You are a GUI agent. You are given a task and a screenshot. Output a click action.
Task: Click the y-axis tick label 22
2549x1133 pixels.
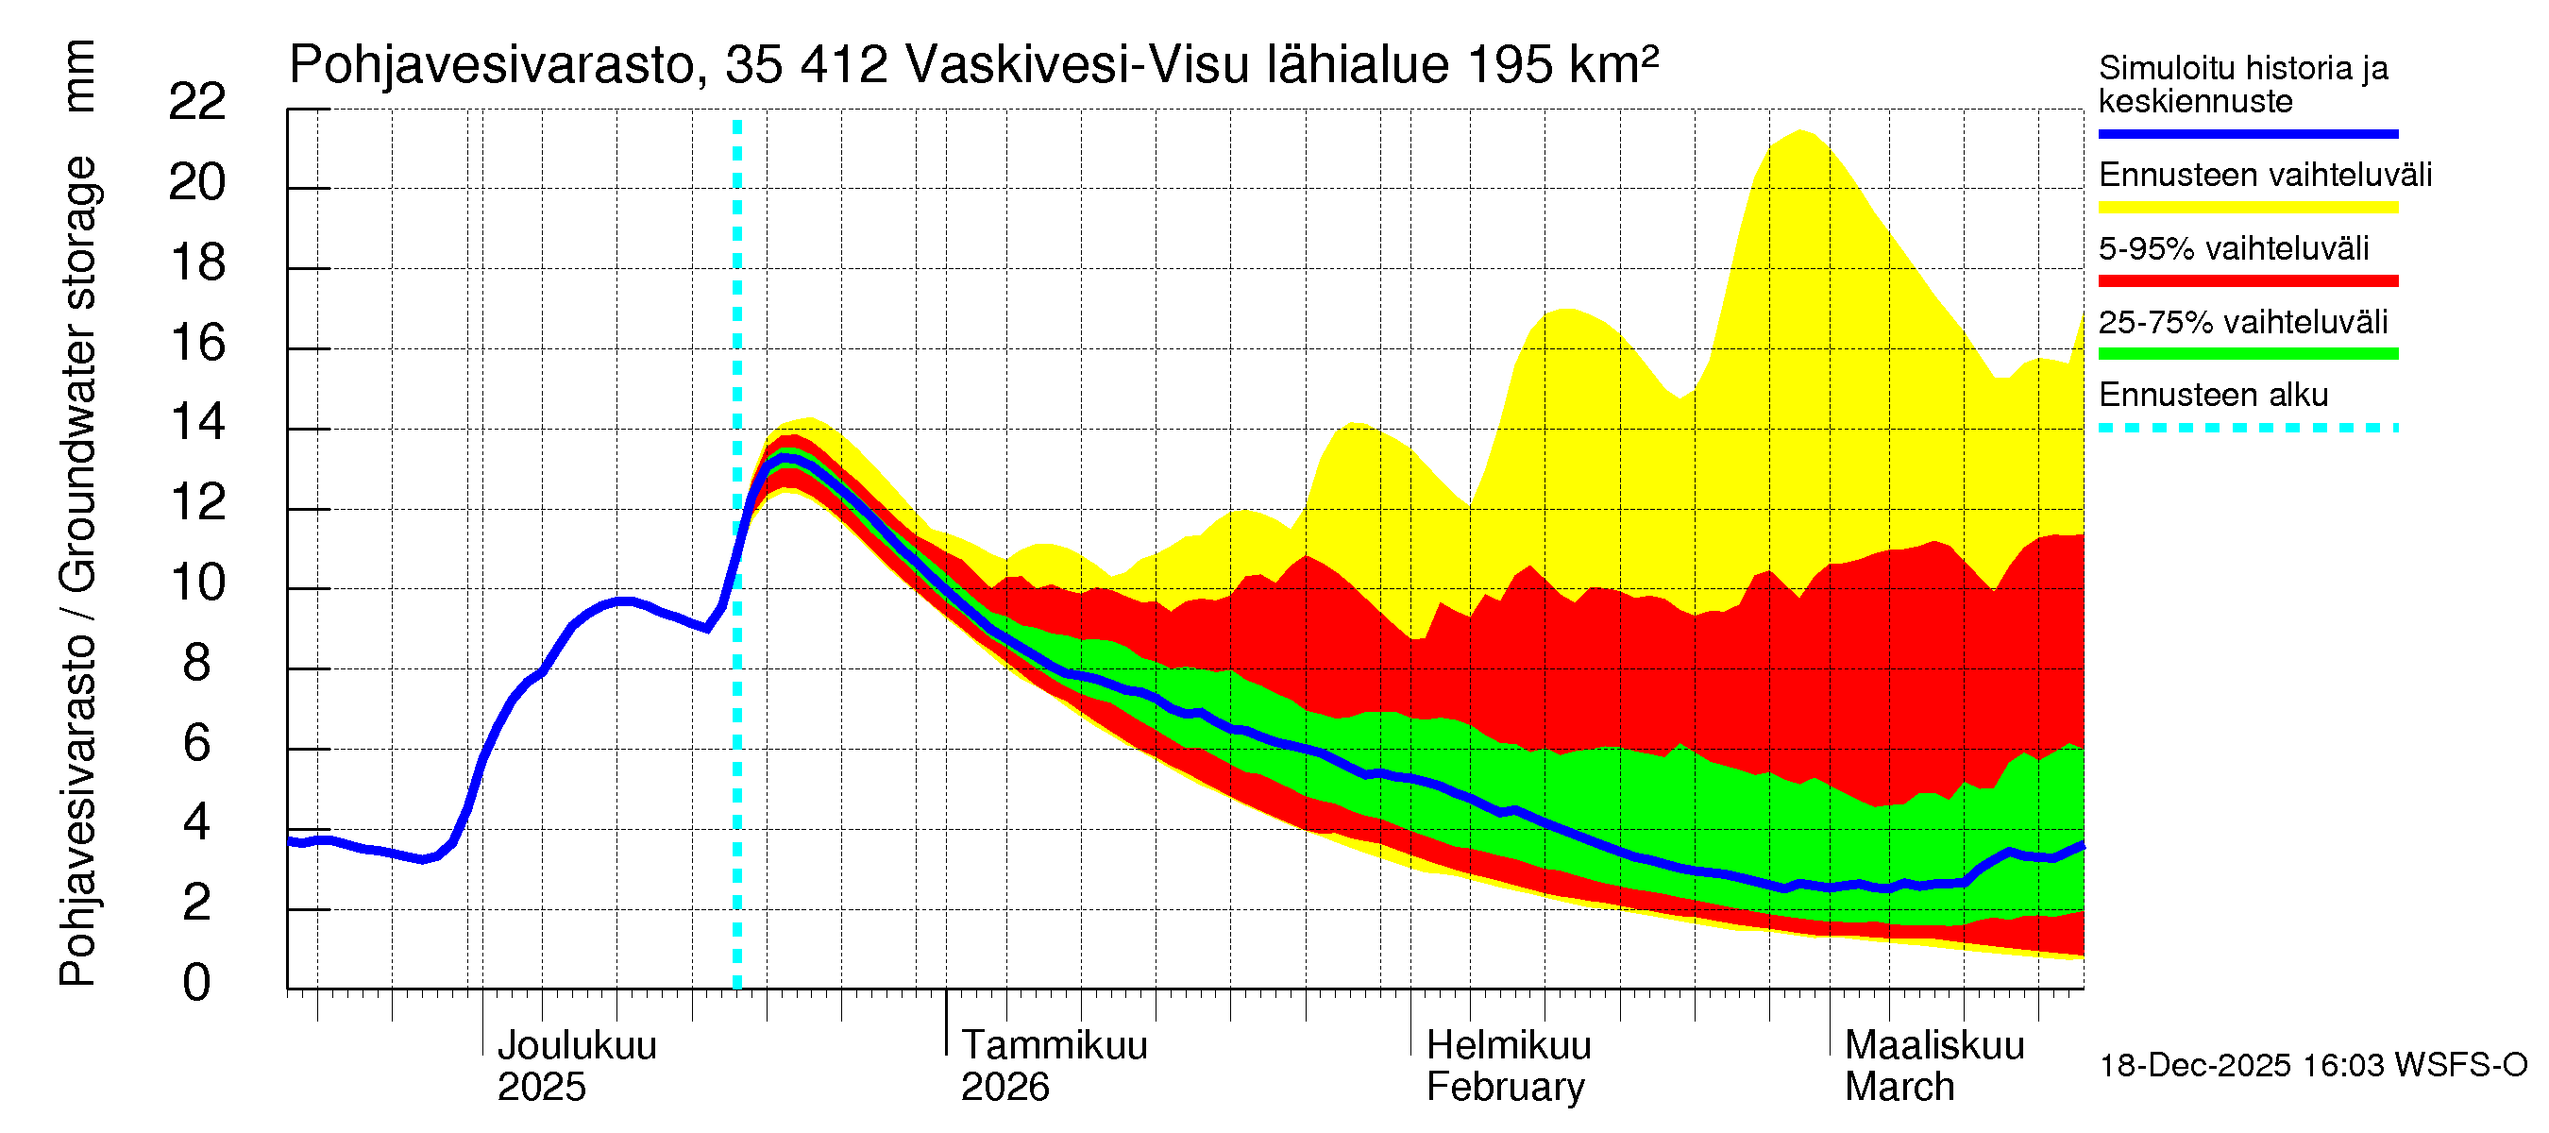(x=197, y=102)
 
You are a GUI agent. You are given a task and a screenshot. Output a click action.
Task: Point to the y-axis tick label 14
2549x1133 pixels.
(x=197, y=423)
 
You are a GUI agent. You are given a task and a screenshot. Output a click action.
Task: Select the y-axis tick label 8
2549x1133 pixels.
(x=197, y=663)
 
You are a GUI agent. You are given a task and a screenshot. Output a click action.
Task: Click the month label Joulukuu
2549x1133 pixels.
(x=576, y=1045)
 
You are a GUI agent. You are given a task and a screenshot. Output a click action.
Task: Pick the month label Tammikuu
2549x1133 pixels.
(x=1054, y=1045)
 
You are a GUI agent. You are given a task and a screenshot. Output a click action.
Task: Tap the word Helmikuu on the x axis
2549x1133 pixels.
(x=1508, y=1045)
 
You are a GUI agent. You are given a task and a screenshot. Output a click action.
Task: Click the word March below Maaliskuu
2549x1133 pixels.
(x=1899, y=1087)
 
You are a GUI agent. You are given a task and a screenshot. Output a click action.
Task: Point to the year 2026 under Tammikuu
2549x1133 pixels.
(x=1004, y=1087)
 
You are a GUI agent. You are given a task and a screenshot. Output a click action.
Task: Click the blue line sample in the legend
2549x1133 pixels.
(x=2247, y=133)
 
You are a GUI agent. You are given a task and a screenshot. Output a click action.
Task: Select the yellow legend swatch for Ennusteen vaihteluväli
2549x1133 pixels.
(x=2247, y=207)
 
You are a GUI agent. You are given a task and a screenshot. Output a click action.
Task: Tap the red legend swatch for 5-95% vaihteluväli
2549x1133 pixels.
(x=2247, y=280)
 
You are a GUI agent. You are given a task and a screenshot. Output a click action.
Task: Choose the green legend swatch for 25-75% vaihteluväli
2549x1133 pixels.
(x=2247, y=353)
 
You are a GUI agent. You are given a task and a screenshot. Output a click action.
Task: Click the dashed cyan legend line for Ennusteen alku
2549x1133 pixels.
(x=2247, y=428)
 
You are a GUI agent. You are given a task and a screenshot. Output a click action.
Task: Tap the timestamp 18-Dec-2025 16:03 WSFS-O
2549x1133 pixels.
(x=2312, y=1065)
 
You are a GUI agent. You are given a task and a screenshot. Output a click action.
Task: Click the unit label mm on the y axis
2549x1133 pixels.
(x=78, y=76)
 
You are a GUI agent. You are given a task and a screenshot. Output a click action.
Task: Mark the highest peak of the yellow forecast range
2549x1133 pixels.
(x=1801, y=130)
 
